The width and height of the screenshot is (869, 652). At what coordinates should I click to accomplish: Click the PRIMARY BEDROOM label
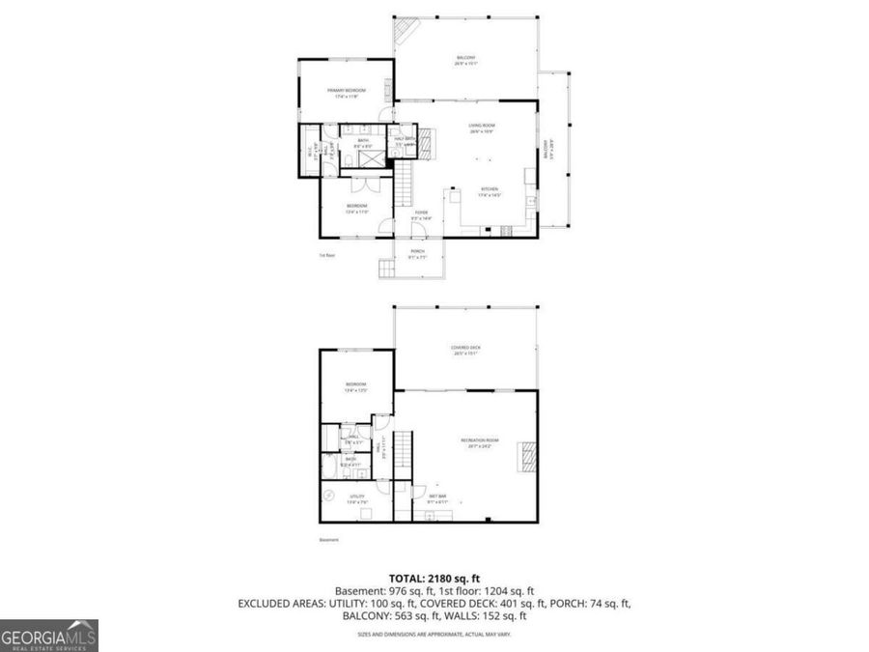point(347,94)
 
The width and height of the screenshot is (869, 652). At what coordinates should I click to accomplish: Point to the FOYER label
point(421,215)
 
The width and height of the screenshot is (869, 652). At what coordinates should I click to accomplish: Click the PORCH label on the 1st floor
point(417,253)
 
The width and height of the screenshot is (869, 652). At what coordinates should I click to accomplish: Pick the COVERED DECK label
point(465,350)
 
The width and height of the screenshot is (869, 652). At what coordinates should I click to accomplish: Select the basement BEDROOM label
point(355,386)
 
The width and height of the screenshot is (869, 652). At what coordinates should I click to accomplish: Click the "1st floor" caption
point(327,256)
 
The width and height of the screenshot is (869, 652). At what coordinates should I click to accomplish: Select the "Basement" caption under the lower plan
point(329,540)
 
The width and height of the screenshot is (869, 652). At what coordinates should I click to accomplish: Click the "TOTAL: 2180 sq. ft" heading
point(434,575)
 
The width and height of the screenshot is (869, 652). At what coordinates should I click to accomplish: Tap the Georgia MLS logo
point(48,636)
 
